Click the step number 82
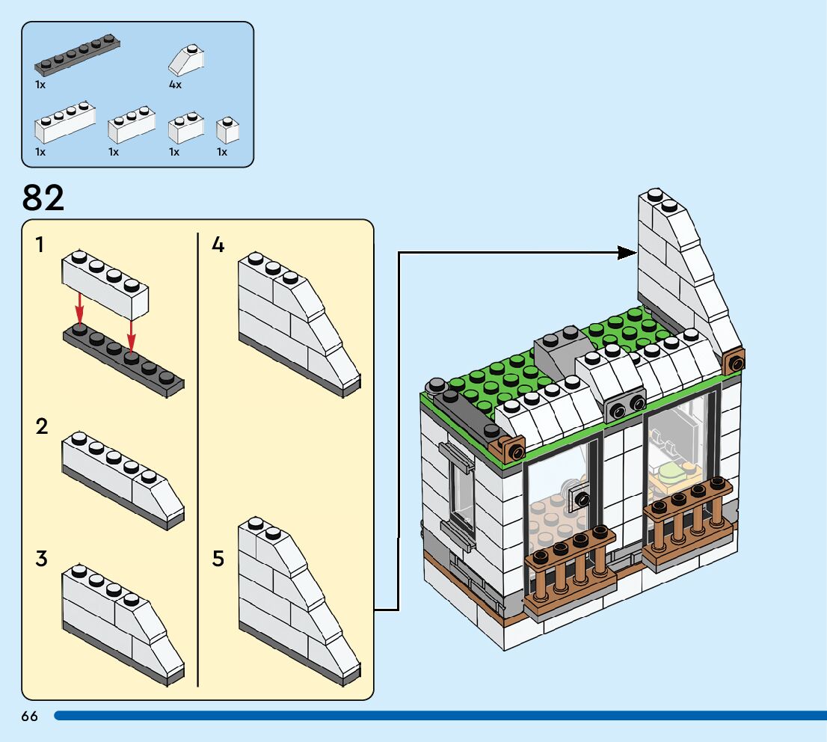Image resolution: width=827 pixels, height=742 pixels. pos(43,198)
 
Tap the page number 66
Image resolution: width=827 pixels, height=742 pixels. pos(30,717)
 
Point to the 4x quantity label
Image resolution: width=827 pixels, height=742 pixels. pos(175,85)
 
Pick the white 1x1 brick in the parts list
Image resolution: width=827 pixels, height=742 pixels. pos(227,130)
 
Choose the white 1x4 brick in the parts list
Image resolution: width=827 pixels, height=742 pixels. pos(65,123)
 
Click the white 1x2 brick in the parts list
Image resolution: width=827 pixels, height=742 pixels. pos(185,128)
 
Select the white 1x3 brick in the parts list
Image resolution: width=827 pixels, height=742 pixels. pos(132,125)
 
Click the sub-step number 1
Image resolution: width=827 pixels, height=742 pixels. pos(40,245)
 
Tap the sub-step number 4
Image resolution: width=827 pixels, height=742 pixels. pos(218,245)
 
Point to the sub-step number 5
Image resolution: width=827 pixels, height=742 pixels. pos(218,558)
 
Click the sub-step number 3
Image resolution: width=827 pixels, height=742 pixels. pos(41,558)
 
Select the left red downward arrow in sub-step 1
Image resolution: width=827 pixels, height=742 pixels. pos(79,309)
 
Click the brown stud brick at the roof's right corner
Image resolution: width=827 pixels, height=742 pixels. pos(734,363)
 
